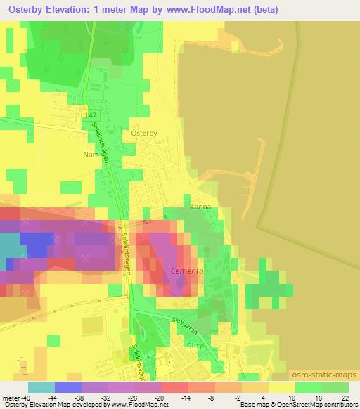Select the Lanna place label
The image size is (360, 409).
(x=201, y=207)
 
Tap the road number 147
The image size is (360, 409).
(x=90, y=114)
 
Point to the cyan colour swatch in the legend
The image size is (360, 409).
(x=41, y=387)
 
